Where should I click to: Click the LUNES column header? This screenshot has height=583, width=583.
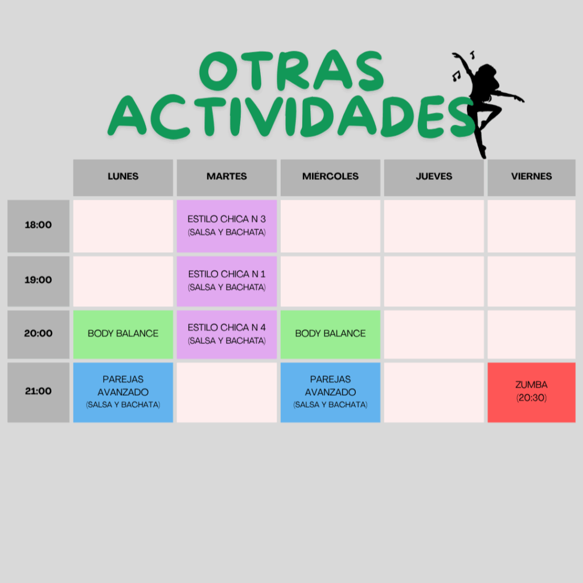[123, 178]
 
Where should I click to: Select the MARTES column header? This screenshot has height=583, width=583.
[227, 178]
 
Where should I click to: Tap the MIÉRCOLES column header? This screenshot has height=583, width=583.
[331, 178]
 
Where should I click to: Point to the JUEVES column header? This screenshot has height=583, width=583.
[434, 178]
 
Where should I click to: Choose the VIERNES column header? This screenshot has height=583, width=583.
[532, 178]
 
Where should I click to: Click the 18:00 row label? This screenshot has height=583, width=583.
[38, 226]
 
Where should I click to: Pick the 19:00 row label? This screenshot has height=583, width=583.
[38, 281]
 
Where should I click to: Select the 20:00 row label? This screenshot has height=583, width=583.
[38, 335]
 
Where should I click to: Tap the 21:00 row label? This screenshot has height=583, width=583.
[38, 392]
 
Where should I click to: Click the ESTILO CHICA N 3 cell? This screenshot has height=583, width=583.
[227, 226]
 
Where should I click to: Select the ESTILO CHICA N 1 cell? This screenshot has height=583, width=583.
[227, 281]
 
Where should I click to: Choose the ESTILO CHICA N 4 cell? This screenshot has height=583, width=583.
[227, 335]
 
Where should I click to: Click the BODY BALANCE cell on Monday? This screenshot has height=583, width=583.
[123, 335]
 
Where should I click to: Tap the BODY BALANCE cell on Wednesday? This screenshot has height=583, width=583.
[331, 335]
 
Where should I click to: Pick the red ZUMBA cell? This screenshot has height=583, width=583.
[532, 392]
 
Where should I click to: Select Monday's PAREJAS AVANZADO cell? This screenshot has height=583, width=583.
[123, 392]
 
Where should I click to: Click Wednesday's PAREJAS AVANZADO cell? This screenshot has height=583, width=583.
[331, 392]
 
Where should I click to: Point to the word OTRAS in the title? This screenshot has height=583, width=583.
[291, 71]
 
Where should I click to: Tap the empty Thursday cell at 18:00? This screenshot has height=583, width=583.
[434, 226]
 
